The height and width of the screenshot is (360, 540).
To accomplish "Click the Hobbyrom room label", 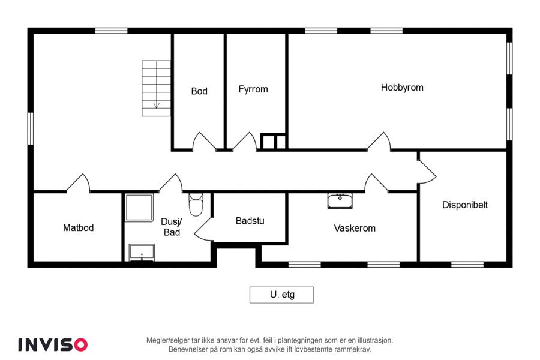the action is (402, 88).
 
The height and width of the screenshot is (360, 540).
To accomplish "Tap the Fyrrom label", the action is (253, 89).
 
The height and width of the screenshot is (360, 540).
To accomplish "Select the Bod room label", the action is (199, 91).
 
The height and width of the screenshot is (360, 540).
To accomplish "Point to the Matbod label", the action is (78, 228).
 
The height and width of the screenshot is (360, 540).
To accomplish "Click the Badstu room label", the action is (250, 221).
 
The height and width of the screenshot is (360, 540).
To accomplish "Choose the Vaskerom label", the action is (355, 228).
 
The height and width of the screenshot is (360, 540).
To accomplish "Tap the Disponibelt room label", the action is (465, 205).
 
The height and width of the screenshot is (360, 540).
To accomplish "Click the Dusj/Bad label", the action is (172, 227).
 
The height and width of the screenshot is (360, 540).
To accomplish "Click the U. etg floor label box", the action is (282, 295).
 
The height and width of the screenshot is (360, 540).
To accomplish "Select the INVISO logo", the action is (53, 344).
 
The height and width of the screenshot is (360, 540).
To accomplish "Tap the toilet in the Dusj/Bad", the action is (196, 205).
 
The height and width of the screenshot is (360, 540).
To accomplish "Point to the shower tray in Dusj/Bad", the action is (139, 208).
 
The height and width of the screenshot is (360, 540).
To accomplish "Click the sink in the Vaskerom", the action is (340, 201).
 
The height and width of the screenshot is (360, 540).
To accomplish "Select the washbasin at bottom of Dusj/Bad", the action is (142, 253).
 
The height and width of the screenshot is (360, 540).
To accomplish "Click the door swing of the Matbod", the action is (79, 182).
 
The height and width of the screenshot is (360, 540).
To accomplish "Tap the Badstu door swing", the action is (204, 229).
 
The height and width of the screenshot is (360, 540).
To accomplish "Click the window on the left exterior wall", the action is (31, 128).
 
